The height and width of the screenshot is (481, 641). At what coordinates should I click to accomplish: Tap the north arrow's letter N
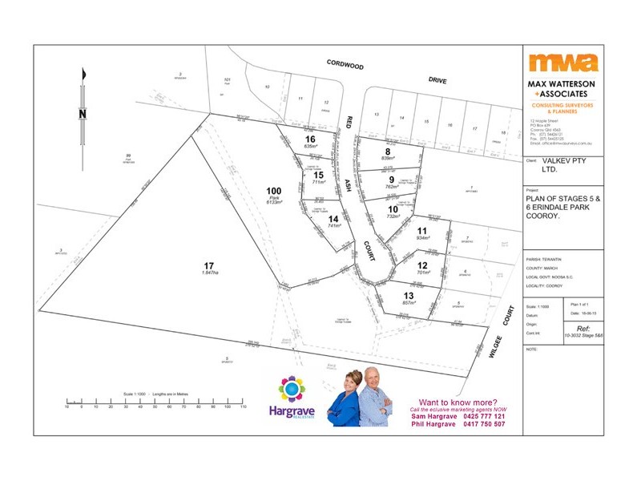coord(82,113)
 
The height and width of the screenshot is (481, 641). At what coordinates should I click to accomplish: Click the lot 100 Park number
coord(273,191)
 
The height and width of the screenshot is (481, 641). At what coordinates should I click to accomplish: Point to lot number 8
coord(388,151)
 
